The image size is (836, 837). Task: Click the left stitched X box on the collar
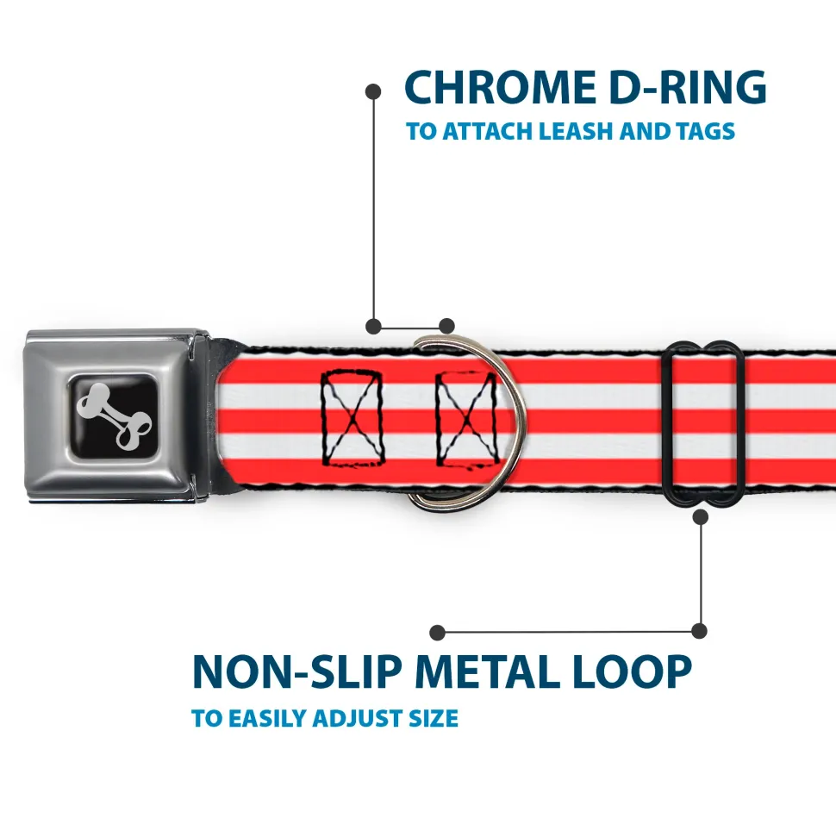click(x=352, y=418)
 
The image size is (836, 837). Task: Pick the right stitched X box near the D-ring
click(x=466, y=418)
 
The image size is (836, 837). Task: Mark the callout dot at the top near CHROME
click(x=373, y=90)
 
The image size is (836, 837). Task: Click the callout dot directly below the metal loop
click(x=700, y=516)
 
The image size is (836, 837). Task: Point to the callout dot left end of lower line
click(x=438, y=632)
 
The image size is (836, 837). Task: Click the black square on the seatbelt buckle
click(x=112, y=416)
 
